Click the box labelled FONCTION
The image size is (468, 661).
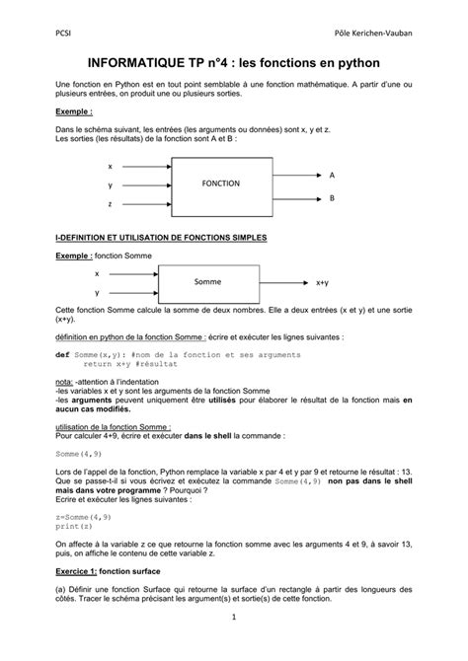221,184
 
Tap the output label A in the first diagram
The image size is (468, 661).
332,174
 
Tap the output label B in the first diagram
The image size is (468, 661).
332,197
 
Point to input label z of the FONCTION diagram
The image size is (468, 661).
110,203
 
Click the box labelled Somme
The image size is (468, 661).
208,282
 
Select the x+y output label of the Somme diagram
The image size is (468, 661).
323,282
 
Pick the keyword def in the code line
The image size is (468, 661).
61,353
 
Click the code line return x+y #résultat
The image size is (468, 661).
124,363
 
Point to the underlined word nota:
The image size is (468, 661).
64,380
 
